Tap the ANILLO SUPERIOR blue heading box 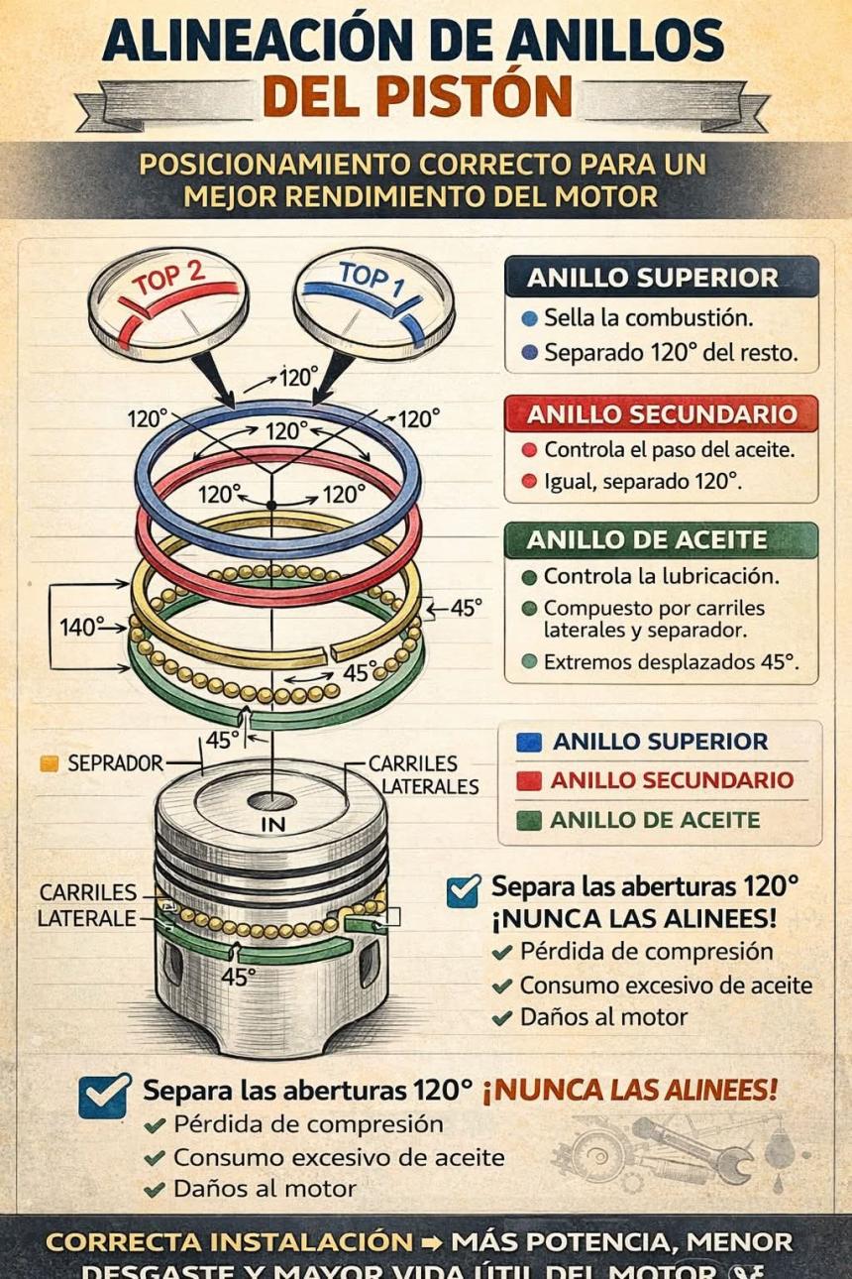(661, 278)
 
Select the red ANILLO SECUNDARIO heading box (661, 413)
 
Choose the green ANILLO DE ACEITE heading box (661, 540)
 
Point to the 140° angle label (82, 627)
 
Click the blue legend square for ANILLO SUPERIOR (529, 742)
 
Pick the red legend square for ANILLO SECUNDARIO (529, 780)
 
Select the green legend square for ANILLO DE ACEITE (529, 820)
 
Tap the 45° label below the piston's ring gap (238, 977)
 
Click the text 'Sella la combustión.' (649, 318)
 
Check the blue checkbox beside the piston (463, 890)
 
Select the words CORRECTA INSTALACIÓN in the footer (229, 1241)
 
